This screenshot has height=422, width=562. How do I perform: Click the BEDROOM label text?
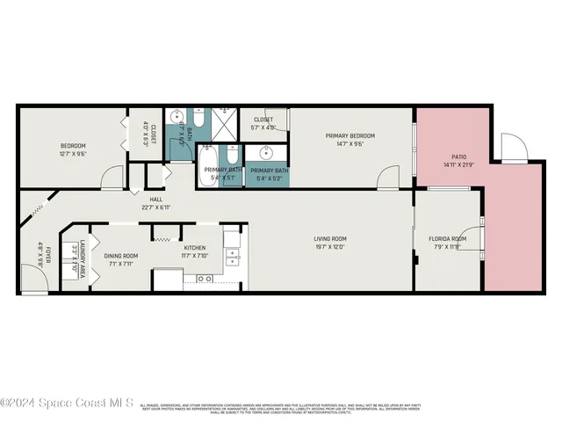coord(73,145)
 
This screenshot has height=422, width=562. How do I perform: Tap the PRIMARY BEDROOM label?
coord(349,135)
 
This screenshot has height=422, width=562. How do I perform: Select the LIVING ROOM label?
coord(331,238)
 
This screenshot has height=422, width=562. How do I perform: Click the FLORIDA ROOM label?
coord(447,238)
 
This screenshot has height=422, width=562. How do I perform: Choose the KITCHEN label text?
coord(193,248)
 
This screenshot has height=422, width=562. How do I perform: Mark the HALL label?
coord(156,200)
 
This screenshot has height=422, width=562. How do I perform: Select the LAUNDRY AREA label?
coord(83,257)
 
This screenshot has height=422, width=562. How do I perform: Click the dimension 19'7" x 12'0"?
coord(331,247)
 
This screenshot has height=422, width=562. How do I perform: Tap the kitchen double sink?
coord(232,257)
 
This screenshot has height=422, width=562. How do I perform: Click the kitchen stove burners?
coord(205,279)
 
